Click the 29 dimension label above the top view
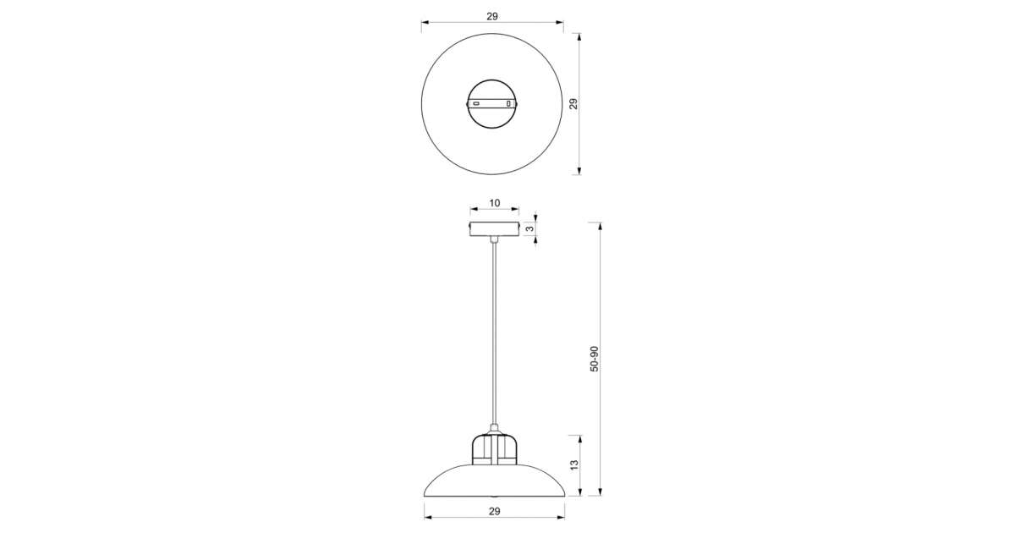coord(492,16)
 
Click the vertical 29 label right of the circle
coord(573,104)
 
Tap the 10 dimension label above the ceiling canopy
coord(494,203)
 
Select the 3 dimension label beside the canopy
coord(529,229)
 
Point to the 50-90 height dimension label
coord(594,359)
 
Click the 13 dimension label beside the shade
coord(574,465)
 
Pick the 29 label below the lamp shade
coord(494,511)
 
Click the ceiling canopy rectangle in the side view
coord(494,229)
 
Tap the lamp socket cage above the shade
coord(494,449)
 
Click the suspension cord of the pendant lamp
coord(494,333)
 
